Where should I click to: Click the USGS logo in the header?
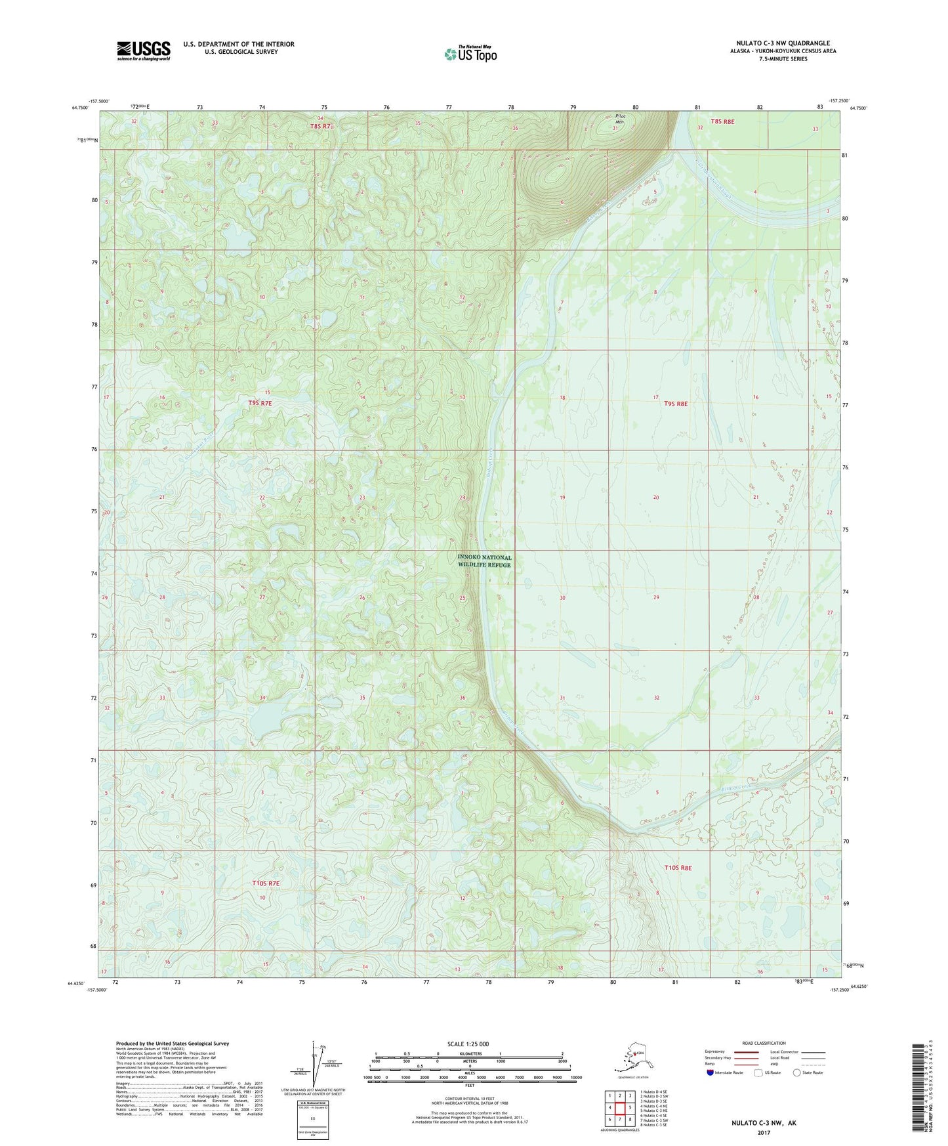click(144, 51)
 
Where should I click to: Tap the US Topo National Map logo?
click(470, 53)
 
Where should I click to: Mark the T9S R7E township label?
click(260, 403)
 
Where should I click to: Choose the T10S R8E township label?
click(678, 868)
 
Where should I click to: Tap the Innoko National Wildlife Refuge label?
click(484, 561)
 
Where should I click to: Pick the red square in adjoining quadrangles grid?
click(619, 1108)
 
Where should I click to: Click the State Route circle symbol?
click(797, 1072)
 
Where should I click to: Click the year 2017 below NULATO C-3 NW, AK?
click(764, 1132)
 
